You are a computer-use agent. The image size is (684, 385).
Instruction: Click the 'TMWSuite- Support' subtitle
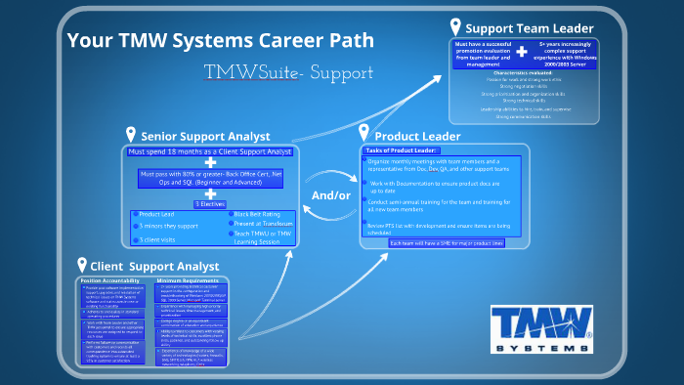point(288,72)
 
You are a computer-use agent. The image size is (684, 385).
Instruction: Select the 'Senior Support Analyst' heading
point(204,136)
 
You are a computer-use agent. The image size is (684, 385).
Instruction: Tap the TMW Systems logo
point(541,330)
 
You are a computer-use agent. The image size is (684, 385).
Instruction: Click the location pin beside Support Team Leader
point(454,26)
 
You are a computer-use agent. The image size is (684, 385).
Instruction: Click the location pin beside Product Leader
point(364,133)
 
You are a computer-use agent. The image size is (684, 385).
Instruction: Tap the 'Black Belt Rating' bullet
point(259,214)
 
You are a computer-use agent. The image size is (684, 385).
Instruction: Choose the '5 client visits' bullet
point(160,238)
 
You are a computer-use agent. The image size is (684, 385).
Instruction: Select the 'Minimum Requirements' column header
point(188,280)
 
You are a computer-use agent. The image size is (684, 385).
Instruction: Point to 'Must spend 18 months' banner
point(211,152)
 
